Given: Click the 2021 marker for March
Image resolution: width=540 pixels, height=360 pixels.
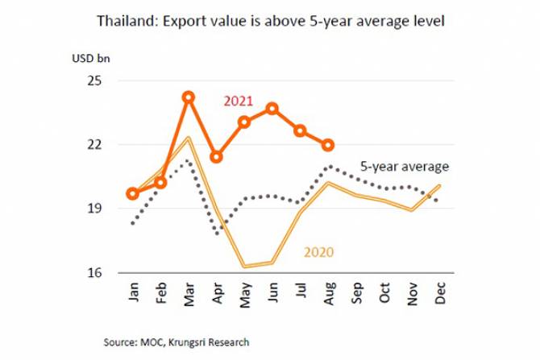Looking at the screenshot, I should click(x=189, y=97).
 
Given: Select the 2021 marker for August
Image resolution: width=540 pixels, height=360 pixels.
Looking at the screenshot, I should click(x=328, y=145).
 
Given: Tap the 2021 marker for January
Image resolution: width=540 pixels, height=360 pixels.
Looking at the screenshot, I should click(x=133, y=193).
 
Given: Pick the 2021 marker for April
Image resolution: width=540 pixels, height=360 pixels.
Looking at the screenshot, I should click(x=216, y=156).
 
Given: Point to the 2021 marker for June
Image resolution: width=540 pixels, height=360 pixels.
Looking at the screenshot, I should click(x=272, y=108).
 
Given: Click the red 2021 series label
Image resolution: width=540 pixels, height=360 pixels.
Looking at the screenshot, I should click(x=239, y=102).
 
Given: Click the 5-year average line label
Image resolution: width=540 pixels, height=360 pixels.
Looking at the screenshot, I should click(x=404, y=167).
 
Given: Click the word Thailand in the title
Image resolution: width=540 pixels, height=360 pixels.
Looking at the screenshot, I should click(x=124, y=19).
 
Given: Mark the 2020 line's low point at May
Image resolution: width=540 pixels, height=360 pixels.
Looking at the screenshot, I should click(x=244, y=266).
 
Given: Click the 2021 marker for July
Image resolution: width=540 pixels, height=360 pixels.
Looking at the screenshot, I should click(x=301, y=130).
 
